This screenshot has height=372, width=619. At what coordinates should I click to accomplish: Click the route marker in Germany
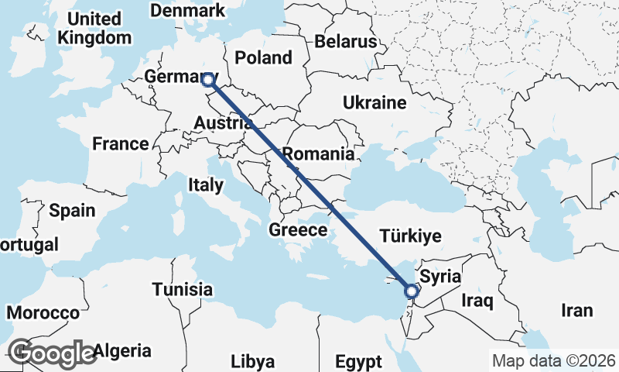207,78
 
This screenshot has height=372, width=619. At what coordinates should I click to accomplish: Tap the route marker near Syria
411,291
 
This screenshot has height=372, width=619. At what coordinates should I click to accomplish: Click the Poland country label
264,57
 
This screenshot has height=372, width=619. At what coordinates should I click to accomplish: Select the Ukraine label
374,103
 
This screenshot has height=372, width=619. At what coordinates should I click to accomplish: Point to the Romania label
318,153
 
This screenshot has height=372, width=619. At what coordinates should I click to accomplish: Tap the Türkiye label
410,236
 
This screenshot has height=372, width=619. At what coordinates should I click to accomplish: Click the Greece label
298,230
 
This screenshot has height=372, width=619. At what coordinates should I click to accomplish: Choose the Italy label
206,185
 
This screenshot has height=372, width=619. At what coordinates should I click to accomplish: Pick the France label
120,143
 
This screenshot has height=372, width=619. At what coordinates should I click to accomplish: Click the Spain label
72,210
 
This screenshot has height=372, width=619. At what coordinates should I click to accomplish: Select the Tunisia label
182,289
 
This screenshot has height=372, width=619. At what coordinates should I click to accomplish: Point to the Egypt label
358,361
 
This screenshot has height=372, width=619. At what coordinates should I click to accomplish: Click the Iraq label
477,300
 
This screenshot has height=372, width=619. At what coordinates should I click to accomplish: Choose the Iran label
576,310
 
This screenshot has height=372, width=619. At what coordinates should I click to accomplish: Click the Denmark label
188,11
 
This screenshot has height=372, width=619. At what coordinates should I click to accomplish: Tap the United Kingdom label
95,28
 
